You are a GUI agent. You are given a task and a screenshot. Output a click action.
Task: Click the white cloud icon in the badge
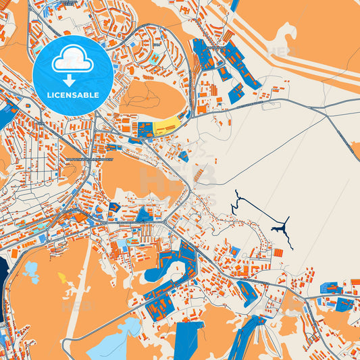point(72,59)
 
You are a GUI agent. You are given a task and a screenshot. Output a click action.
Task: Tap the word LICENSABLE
point(72,95)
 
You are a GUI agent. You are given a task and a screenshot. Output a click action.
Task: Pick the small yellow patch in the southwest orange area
point(62,277)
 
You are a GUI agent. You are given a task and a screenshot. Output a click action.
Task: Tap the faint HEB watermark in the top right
point(281,51)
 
